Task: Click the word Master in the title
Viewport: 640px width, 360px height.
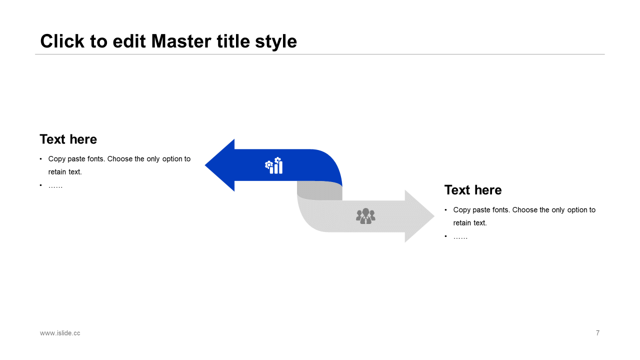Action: pos(181,41)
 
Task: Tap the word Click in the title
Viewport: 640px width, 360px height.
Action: pos(62,41)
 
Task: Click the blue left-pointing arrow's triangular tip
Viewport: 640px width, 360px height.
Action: pos(205,165)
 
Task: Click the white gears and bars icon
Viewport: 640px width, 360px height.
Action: pos(273,165)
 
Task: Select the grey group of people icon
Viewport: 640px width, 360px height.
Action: pos(365,216)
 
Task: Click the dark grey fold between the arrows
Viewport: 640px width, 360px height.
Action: pos(319,190)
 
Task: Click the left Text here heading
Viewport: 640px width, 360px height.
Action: pos(68,139)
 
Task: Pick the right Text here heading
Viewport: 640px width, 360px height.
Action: pos(473,190)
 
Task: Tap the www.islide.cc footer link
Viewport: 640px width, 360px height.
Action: pos(60,333)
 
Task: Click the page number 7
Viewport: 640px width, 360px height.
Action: pos(597,333)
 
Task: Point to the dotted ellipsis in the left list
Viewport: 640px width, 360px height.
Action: pos(55,187)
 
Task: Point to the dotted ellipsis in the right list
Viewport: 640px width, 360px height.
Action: pos(460,237)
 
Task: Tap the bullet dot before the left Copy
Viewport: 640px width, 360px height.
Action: pos(41,159)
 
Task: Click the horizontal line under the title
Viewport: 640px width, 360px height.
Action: pos(320,54)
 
